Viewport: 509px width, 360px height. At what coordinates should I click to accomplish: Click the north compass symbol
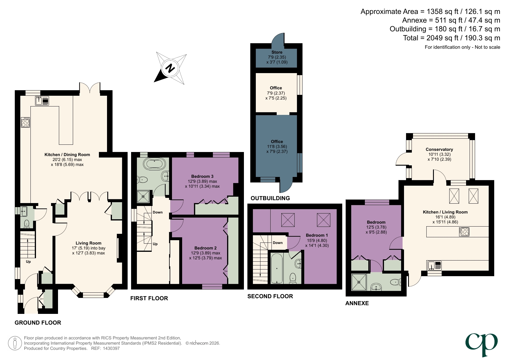tap(170, 68)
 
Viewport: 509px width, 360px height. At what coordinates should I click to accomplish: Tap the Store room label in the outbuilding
tap(277, 52)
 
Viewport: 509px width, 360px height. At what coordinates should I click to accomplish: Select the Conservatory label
tap(439, 149)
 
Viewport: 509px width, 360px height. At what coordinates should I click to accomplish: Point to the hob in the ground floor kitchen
tap(26, 122)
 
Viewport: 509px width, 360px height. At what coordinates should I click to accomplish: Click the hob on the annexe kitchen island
tap(464, 232)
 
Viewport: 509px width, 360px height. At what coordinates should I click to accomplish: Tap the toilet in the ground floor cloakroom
tap(27, 224)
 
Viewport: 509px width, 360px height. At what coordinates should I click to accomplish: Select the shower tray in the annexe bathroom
tap(359, 282)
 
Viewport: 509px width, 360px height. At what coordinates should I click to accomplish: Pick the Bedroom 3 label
tap(202, 176)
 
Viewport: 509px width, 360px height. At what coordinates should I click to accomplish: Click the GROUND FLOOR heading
tap(38, 323)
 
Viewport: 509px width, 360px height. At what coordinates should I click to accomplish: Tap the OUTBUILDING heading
tap(270, 198)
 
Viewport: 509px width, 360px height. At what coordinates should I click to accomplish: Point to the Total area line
tap(451, 38)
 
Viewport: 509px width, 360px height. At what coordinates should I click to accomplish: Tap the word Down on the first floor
tap(157, 212)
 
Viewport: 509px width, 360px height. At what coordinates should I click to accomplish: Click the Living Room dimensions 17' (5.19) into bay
tap(88, 248)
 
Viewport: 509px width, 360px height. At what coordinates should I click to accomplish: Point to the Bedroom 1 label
tap(317, 235)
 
